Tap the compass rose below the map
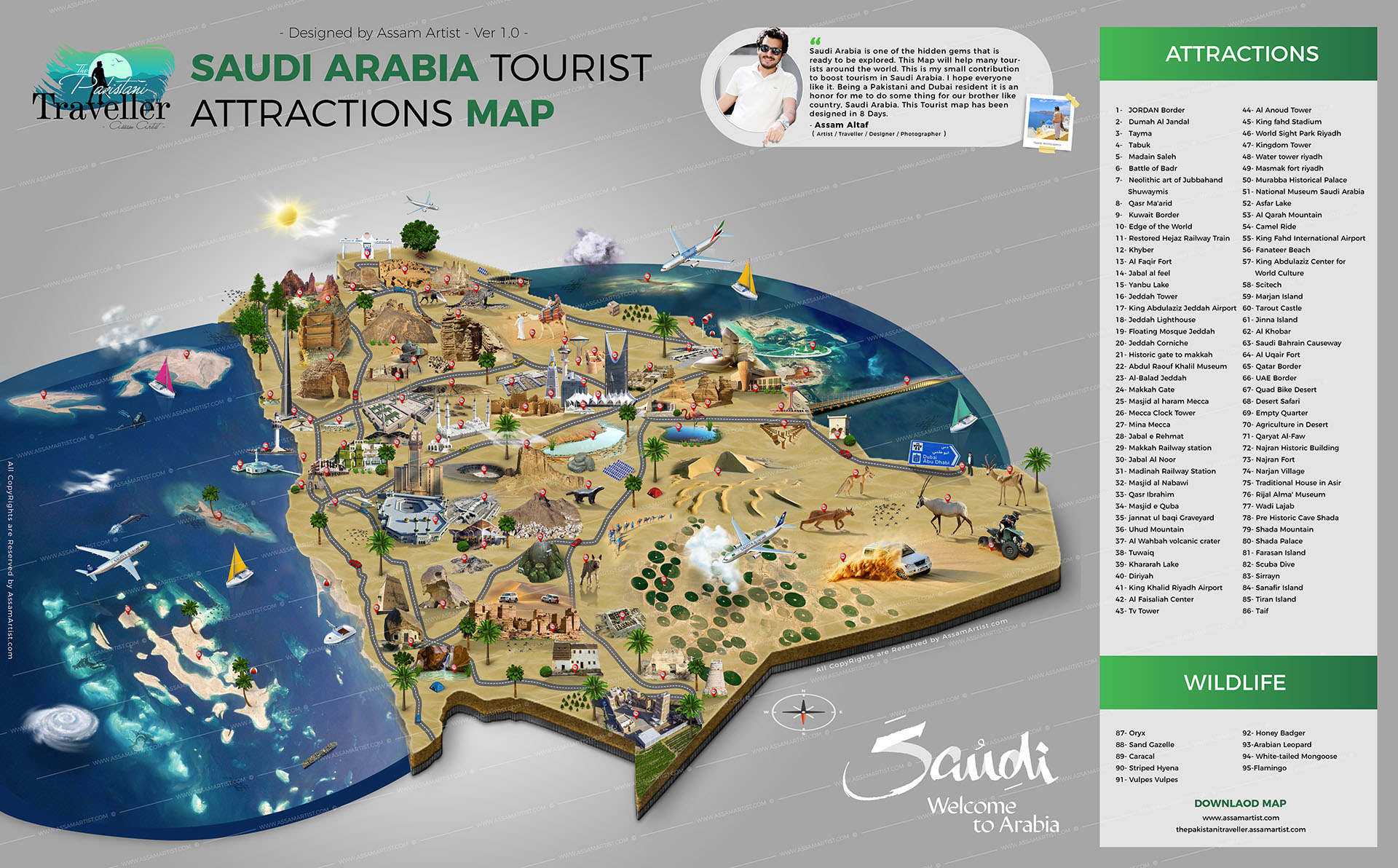pyautogui.click(x=802, y=711)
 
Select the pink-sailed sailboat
pyautogui.click(x=163, y=377)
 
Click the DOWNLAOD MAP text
pyautogui.click(x=1240, y=803)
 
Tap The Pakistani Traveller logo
pyautogui.click(x=102, y=91)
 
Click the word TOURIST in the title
pyautogui.click(x=570, y=69)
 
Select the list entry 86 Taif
pyautogui.click(x=1256, y=611)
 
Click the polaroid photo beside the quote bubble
pyautogui.click(x=1047, y=120)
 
